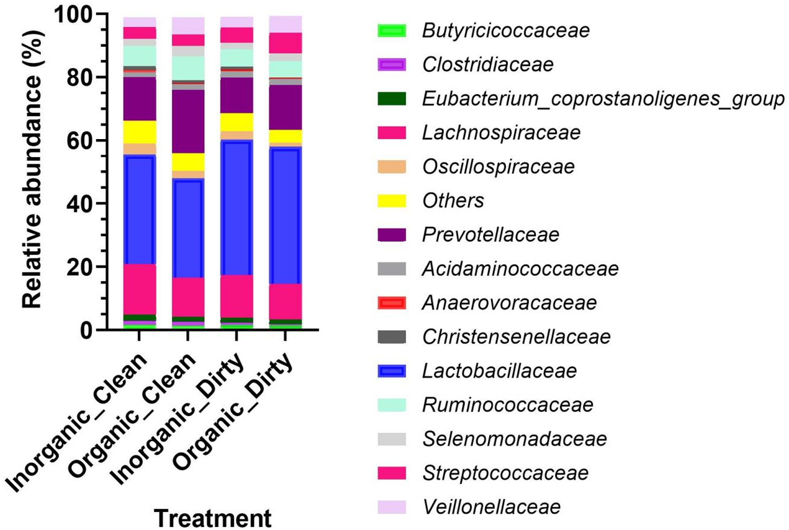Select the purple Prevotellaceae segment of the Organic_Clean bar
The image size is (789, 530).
pos(188,122)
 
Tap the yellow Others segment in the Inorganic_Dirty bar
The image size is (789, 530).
pos(237,122)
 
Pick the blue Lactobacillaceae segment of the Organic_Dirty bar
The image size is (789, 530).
pos(285,215)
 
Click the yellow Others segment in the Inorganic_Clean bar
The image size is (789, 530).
pos(140,132)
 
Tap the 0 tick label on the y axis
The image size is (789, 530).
pos(86,331)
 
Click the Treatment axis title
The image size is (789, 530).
pos(213,518)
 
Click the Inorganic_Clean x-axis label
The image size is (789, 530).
pos(76,422)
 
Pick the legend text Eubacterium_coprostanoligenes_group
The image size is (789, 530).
pos(603,99)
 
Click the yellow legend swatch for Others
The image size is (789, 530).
pos(392,201)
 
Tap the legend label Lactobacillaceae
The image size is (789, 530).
pos(500,371)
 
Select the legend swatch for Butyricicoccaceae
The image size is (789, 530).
pos(392,30)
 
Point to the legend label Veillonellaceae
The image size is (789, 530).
pos(492,507)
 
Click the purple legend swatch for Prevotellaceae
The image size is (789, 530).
pos(392,235)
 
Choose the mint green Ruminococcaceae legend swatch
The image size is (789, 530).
pos(392,405)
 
